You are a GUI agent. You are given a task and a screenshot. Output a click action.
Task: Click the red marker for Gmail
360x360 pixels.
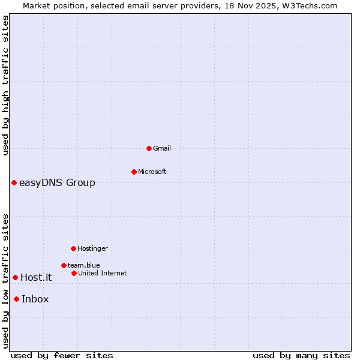pyautogui.click(x=149, y=148)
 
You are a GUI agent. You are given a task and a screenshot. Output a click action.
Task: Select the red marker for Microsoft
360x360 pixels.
pyautogui.click(x=134, y=172)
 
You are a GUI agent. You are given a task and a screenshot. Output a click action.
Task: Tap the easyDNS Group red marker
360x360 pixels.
pyautogui.click(x=14, y=182)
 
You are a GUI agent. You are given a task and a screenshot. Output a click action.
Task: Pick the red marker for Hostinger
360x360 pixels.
pyautogui.click(x=73, y=248)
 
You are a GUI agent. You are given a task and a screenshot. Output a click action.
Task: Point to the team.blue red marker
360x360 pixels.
pyautogui.click(x=64, y=265)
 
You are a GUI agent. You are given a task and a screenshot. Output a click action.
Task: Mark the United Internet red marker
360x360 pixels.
pyautogui.click(x=74, y=273)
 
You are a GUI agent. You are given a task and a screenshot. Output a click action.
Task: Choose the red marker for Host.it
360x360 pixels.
pyautogui.click(x=15, y=277)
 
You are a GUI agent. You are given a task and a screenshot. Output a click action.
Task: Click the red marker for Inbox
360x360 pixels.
pyautogui.click(x=16, y=299)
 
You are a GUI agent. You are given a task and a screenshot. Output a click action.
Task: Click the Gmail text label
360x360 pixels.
pyautogui.click(x=162, y=148)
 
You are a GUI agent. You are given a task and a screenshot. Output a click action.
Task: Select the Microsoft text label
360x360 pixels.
pyautogui.click(x=152, y=172)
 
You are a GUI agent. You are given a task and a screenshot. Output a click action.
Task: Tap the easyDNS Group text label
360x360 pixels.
pyautogui.click(x=57, y=183)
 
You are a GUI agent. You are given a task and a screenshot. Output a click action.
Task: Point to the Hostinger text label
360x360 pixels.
pyautogui.click(x=92, y=248)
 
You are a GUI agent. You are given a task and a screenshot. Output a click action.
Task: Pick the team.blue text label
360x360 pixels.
pyautogui.click(x=83, y=265)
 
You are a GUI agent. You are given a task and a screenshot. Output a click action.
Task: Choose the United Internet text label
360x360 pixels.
pyautogui.click(x=102, y=273)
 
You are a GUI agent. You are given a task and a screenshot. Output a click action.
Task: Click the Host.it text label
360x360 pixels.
pyautogui.click(x=36, y=278)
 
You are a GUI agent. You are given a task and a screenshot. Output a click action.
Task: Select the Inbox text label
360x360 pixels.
pyautogui.click(x=35, y=299)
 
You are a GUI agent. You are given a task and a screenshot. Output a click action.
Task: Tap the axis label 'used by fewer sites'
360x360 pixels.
pyautogui.click(x=62, y=355)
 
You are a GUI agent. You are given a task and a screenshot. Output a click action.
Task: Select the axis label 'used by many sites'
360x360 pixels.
pyautogui.click(x=301, y=355)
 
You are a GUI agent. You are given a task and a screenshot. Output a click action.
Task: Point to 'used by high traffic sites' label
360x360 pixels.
pyautogui.click(x=6, y=85)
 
